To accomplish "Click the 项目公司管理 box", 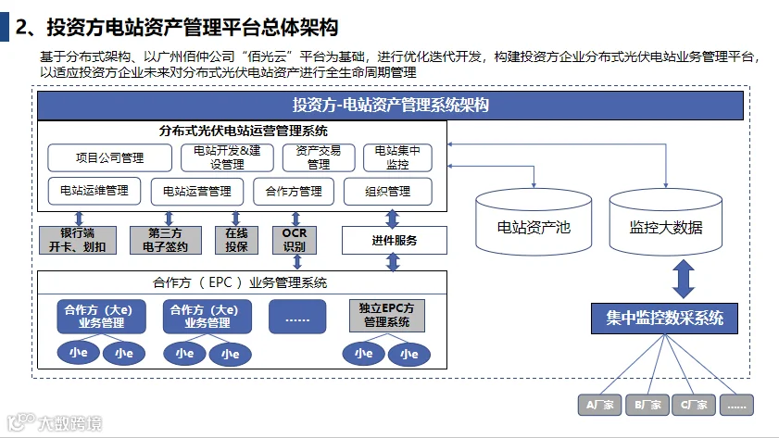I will click(108, 156).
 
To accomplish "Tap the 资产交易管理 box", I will click(318, 156).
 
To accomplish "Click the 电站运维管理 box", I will click(94, 191).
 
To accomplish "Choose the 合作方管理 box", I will click(293, 191).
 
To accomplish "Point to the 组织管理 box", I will click(387, 191).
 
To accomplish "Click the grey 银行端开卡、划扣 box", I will click(77, 240).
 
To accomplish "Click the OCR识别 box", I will click(294, 240).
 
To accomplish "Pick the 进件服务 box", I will click(394, 241).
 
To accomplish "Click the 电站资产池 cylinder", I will click(534, 222).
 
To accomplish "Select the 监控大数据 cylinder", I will click(665, 222).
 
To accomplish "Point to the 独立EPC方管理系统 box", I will click(386, 316).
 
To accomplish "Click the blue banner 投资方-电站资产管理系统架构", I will click(390, 105).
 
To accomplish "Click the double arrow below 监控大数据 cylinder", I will click(684, 278).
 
